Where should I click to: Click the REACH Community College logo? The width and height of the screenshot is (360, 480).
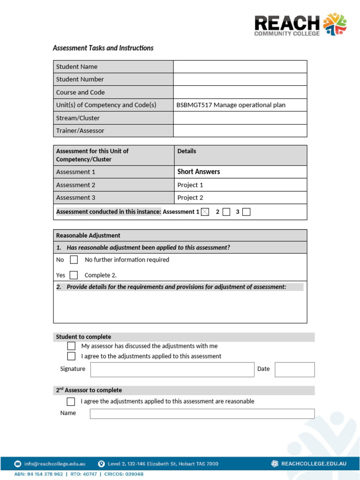click(x=300, y=24)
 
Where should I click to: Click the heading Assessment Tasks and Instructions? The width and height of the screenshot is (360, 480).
click(x=103, y=48)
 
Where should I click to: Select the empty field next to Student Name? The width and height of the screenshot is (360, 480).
click(x=240, y=67)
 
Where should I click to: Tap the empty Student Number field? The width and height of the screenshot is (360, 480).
click(x=240, y=79)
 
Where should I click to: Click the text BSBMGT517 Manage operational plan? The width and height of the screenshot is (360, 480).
click(x=231, y=105)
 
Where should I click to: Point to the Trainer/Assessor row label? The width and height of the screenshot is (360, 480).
click(x=80, y=131)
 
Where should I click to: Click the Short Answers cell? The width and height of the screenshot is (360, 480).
click(x=198, y=172)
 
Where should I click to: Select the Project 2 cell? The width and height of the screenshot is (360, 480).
click(x=190, y=197)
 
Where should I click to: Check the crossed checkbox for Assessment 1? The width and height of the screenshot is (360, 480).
click(x=205, y=212)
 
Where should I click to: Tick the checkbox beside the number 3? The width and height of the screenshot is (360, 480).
click(x=247, y=212)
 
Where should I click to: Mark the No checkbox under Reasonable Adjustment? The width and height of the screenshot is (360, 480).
click(x=74, y=260)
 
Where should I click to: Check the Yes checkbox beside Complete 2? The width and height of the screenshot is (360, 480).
click(x=74, y=275)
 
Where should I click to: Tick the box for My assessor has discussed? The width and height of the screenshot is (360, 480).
click(x=71, y=346)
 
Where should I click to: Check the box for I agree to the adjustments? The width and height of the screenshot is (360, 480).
click(x=71, y=356)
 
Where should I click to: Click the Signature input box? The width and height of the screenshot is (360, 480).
click(x=172, y=369)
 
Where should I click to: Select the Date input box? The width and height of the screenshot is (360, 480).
click(x=294, y=369)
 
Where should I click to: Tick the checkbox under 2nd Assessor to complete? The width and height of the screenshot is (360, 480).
click(x=71, y=401)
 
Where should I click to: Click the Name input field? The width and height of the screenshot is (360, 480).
click(x=202, y=413)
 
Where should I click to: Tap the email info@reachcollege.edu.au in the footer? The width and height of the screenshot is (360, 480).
click(x=55, y=464)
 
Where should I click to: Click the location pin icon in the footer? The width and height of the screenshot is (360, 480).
click(x=101, y=464)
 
